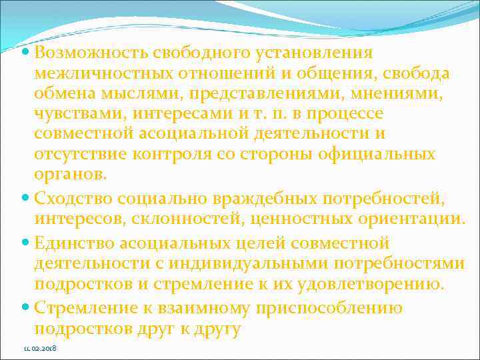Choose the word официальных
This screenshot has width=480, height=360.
379,154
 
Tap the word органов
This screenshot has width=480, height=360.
69,175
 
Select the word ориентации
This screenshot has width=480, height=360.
409,219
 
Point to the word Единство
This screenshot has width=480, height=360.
73,243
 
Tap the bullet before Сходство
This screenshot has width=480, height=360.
25,198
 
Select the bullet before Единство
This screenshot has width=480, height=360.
25,243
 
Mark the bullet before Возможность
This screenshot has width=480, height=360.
25,53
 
